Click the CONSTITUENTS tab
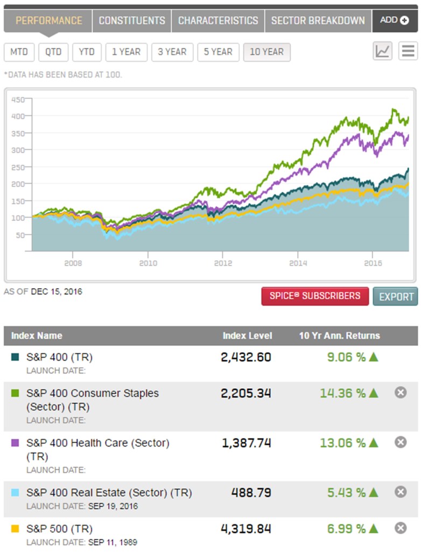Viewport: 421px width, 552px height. [132, 20]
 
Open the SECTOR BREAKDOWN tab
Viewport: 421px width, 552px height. [318, 20]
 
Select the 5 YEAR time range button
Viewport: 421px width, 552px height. [218, 52]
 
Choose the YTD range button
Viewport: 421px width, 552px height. [86, 52]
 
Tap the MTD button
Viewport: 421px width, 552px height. [19, 52]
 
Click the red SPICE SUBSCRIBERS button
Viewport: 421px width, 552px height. [315, 296]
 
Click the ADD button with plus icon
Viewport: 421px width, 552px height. [395, 20]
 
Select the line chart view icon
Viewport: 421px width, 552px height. [383, 51]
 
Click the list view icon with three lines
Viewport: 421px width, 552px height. [408, 51]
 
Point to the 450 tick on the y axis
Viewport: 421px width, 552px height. [18, 99]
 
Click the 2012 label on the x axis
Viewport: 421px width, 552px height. [223, 263]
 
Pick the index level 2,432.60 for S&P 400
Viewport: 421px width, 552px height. [246, 357]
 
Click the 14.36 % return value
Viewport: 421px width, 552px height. [343, 393]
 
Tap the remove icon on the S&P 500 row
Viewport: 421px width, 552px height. [401, 528]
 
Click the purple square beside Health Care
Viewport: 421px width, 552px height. [15, 443]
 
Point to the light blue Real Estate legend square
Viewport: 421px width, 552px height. [15, 493]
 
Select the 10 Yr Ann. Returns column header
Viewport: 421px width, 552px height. [339, 336]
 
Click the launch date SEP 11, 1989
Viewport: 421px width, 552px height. [113, 542]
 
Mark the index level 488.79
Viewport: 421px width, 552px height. [251, 493]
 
